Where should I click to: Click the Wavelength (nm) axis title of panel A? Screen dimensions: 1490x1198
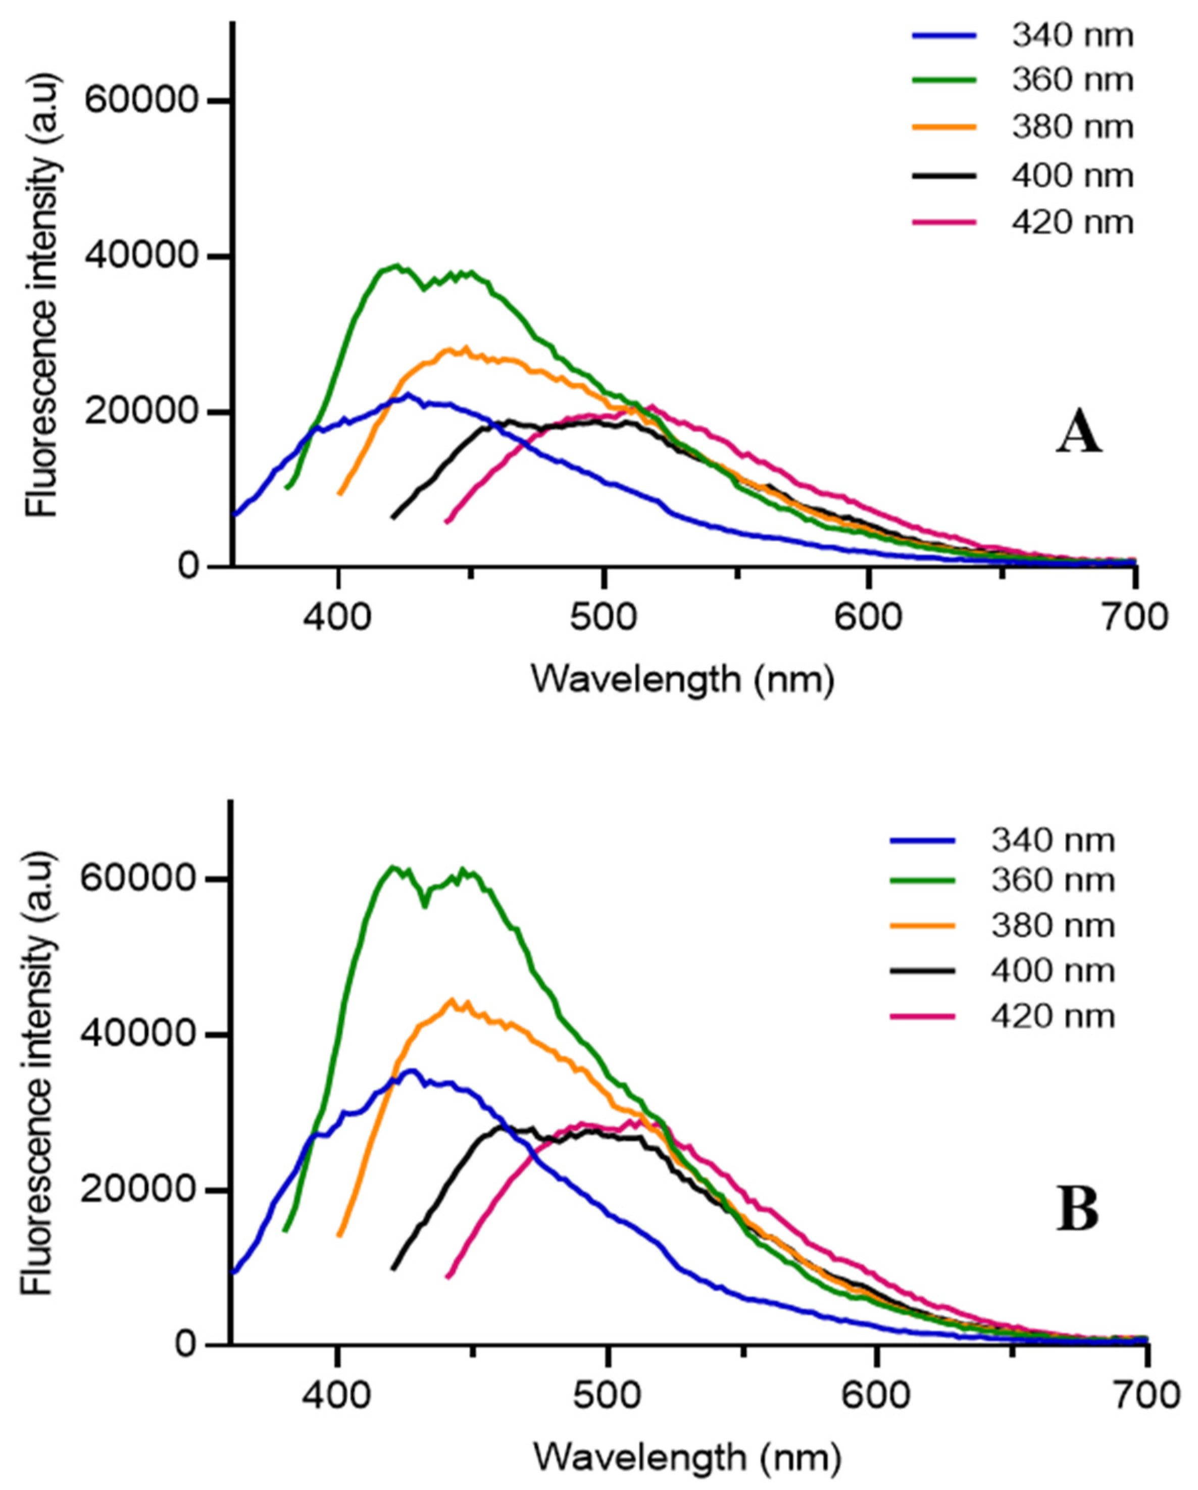[683, 680]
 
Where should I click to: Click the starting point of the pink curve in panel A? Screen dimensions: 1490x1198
[446, 521]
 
